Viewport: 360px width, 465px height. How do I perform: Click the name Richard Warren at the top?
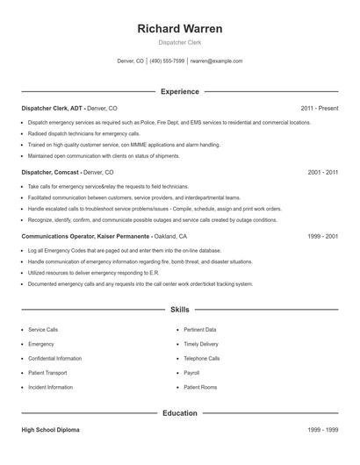pyautogui.click(x=180, y=28)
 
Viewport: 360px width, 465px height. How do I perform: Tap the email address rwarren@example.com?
pyautogui.click(x=216, y=61)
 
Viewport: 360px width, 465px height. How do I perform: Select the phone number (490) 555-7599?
pyautogui.click(x=167, y=61)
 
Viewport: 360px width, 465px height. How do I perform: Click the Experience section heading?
pyautogui.click(x=180, y=91)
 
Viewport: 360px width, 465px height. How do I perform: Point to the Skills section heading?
pyautogui.click(x=180, y=310)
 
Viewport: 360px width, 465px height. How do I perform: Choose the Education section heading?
pyautogui.click(x=180, y=412)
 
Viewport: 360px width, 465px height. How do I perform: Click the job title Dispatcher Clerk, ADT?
pyautogui.click(x=52, y=108)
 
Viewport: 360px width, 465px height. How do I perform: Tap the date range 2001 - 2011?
pyautogui.click(x=323, y=173)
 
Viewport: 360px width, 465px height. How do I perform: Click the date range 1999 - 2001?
pyautogui.click(x=323, y=237)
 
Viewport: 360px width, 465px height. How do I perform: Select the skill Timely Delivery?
pyautogui.click(x=201, y=344)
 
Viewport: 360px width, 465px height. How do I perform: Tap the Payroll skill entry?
pyautogui.click(x=191, y=372)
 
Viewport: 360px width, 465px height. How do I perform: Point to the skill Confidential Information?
pyautogui.click(x=55, y=358)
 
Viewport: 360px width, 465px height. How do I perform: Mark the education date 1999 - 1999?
pyautogui.click(x=323, y=430)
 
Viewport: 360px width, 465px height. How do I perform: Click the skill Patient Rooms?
pyautogui.click(x=199, y=387)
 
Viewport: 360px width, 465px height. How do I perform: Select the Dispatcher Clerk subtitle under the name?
pyautogui.click(x=180, y=43)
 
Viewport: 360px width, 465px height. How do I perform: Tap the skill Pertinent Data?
pyautogui.click(x=199, y=330)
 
